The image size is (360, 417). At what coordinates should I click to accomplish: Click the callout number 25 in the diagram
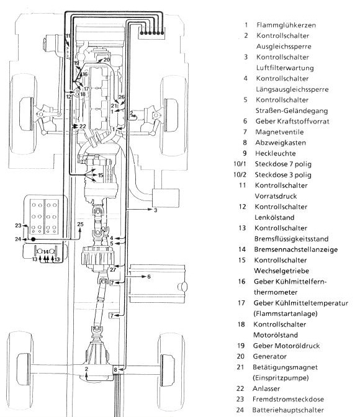click(x=80, y=224)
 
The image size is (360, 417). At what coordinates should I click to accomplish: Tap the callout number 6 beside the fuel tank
click(x=149, y=277)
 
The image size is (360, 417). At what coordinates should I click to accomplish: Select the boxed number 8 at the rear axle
click(x=115, y=369)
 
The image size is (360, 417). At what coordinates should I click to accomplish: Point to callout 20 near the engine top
click(x=106, y=60)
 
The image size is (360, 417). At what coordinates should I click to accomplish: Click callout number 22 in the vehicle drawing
click(x=83, y=126)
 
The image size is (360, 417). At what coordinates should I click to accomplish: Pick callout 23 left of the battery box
click(x=18, y=225)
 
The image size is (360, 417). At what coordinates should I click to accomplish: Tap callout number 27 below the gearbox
click(x=113, y=270)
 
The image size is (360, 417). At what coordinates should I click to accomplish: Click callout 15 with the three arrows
click(x=101, y=175)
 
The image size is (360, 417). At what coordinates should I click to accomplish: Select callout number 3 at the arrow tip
click(x=155, y=210)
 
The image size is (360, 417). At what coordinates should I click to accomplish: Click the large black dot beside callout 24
click(x=34, y=240)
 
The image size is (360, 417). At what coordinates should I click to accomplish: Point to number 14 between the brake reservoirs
click(x=46, y=252)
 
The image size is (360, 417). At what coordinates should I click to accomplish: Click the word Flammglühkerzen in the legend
click(x=286, y=25)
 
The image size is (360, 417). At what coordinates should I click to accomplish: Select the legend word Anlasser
click(x=266, y=388)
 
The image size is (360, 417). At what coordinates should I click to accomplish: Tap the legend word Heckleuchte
click(x=275, y=153)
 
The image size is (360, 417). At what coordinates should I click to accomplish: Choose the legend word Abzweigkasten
click(x=281, y=143)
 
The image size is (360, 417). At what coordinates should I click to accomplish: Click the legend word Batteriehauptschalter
click(x=288, y=410)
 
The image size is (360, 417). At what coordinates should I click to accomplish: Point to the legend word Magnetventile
click(x=279, y=132)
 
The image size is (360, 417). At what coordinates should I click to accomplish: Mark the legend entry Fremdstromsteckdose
click(x=288, y=399)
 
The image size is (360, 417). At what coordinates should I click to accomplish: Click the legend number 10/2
click(x=240, y=175)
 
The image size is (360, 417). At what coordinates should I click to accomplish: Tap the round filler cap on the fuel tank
click(x=182, y=287)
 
